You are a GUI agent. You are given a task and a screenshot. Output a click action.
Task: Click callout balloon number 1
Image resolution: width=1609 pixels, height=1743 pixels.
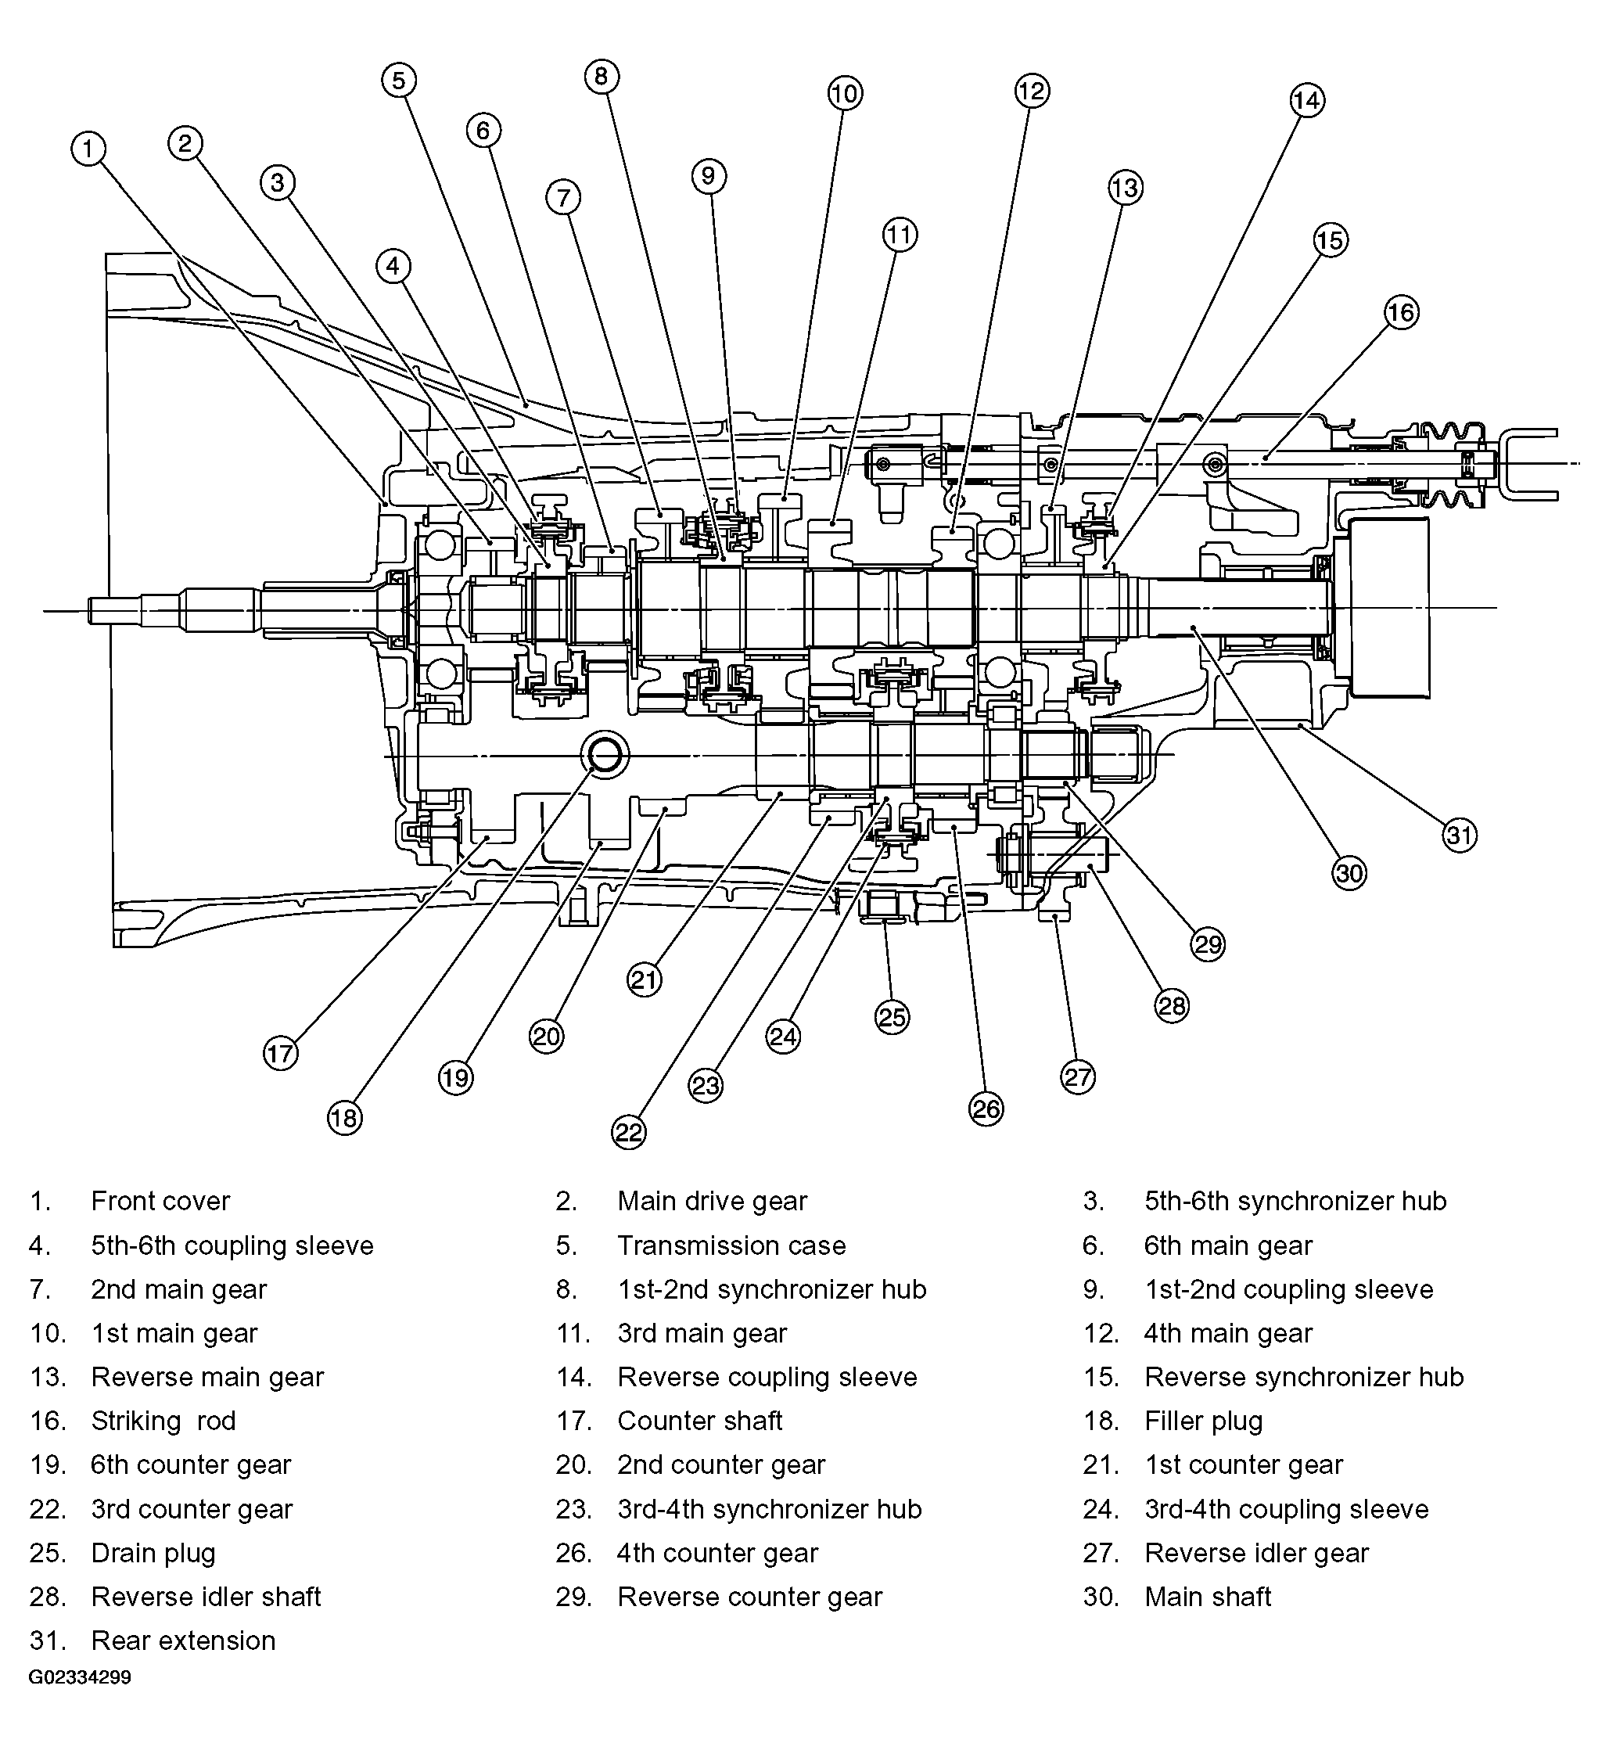[x=88, y=149]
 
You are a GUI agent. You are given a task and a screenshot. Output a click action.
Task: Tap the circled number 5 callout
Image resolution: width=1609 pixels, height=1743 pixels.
[x=399, y=80]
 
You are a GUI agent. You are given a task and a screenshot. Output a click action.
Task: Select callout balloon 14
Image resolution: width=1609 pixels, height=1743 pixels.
[x=1307, y=100]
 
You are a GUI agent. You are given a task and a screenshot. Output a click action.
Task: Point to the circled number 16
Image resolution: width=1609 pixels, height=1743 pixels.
[x=1401, y=313]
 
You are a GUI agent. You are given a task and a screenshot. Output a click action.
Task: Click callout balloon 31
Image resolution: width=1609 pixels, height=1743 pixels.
[x=1460, y=836]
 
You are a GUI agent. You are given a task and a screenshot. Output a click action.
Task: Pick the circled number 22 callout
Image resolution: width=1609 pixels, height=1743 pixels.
[x=629, y=1132]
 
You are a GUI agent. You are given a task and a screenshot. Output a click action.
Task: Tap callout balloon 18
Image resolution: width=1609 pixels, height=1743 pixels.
[x=344, y=1118]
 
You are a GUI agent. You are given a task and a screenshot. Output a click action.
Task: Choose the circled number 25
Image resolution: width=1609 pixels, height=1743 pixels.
[x=892, y=1017]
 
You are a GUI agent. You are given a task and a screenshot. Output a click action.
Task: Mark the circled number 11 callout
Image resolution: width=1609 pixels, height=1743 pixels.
[x=900, y=234]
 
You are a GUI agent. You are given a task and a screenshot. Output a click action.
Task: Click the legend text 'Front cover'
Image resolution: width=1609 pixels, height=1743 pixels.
[x=160, y=1202]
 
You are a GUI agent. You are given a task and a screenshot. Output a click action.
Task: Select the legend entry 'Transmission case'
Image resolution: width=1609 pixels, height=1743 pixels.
[x=731, y=1246]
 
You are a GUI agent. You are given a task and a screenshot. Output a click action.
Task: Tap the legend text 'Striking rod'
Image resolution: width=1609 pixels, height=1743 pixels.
[x=163, y=1421]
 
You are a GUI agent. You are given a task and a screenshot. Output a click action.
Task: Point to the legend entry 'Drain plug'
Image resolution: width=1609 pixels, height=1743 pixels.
[x=153, y=1553]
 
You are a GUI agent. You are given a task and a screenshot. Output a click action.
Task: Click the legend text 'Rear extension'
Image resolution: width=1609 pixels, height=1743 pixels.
[x=183, y=1641]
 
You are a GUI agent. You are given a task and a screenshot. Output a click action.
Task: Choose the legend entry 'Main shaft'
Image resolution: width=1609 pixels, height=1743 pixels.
[x=1208, y=1597]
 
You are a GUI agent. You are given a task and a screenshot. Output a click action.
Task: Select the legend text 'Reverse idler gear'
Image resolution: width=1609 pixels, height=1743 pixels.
[x=1256, y=1553]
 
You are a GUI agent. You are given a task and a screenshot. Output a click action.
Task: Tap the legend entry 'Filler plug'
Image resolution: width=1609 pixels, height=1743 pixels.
[x=1203, y=1421]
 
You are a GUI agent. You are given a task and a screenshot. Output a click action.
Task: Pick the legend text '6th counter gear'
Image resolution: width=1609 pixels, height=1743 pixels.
[x=191, y=1465]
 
